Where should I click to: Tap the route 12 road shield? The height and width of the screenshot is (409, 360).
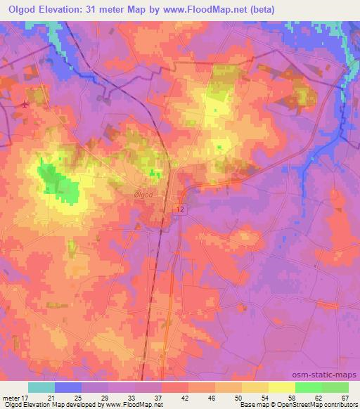[x=181, y=209]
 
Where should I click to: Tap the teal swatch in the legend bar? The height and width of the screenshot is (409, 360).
[x=41, y=387]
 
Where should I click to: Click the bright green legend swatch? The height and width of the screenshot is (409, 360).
[x=309, y=387]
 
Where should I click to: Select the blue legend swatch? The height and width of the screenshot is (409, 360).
[x=68, y=387]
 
